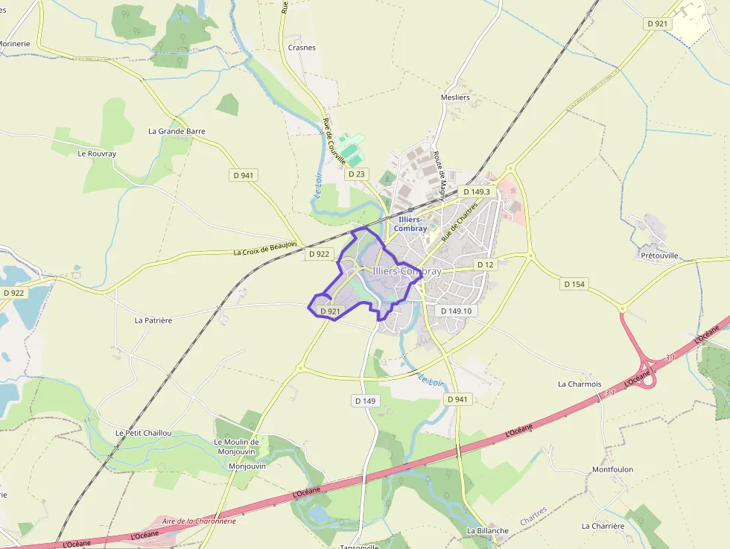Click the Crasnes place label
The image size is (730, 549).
(x=302, y=48)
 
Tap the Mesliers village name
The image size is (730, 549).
(x=455, y=98)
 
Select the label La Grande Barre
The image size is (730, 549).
(x=177, y=131)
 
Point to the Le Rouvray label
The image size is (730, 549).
(x=97, y=153)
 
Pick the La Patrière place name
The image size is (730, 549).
(x=153, y=320)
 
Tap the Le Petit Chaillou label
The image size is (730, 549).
(x=144, y=433)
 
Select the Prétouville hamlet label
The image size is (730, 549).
(x=660, y=256)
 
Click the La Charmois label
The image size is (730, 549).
(x=580, y=384)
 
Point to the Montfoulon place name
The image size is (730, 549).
(x=612, y=469)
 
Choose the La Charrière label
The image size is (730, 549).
(x=603, y=525)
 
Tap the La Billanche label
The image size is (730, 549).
(x=488, y=531)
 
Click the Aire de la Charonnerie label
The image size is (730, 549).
(x=199, y=521)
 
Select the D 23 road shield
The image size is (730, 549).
(x=358, y=174)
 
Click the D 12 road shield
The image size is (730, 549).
(x=485, y=265)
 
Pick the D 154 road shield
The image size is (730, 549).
(x=574, y=284)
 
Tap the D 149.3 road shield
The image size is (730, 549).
(x=477, y=191)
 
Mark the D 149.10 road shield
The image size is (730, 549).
(x=457, y=311)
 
